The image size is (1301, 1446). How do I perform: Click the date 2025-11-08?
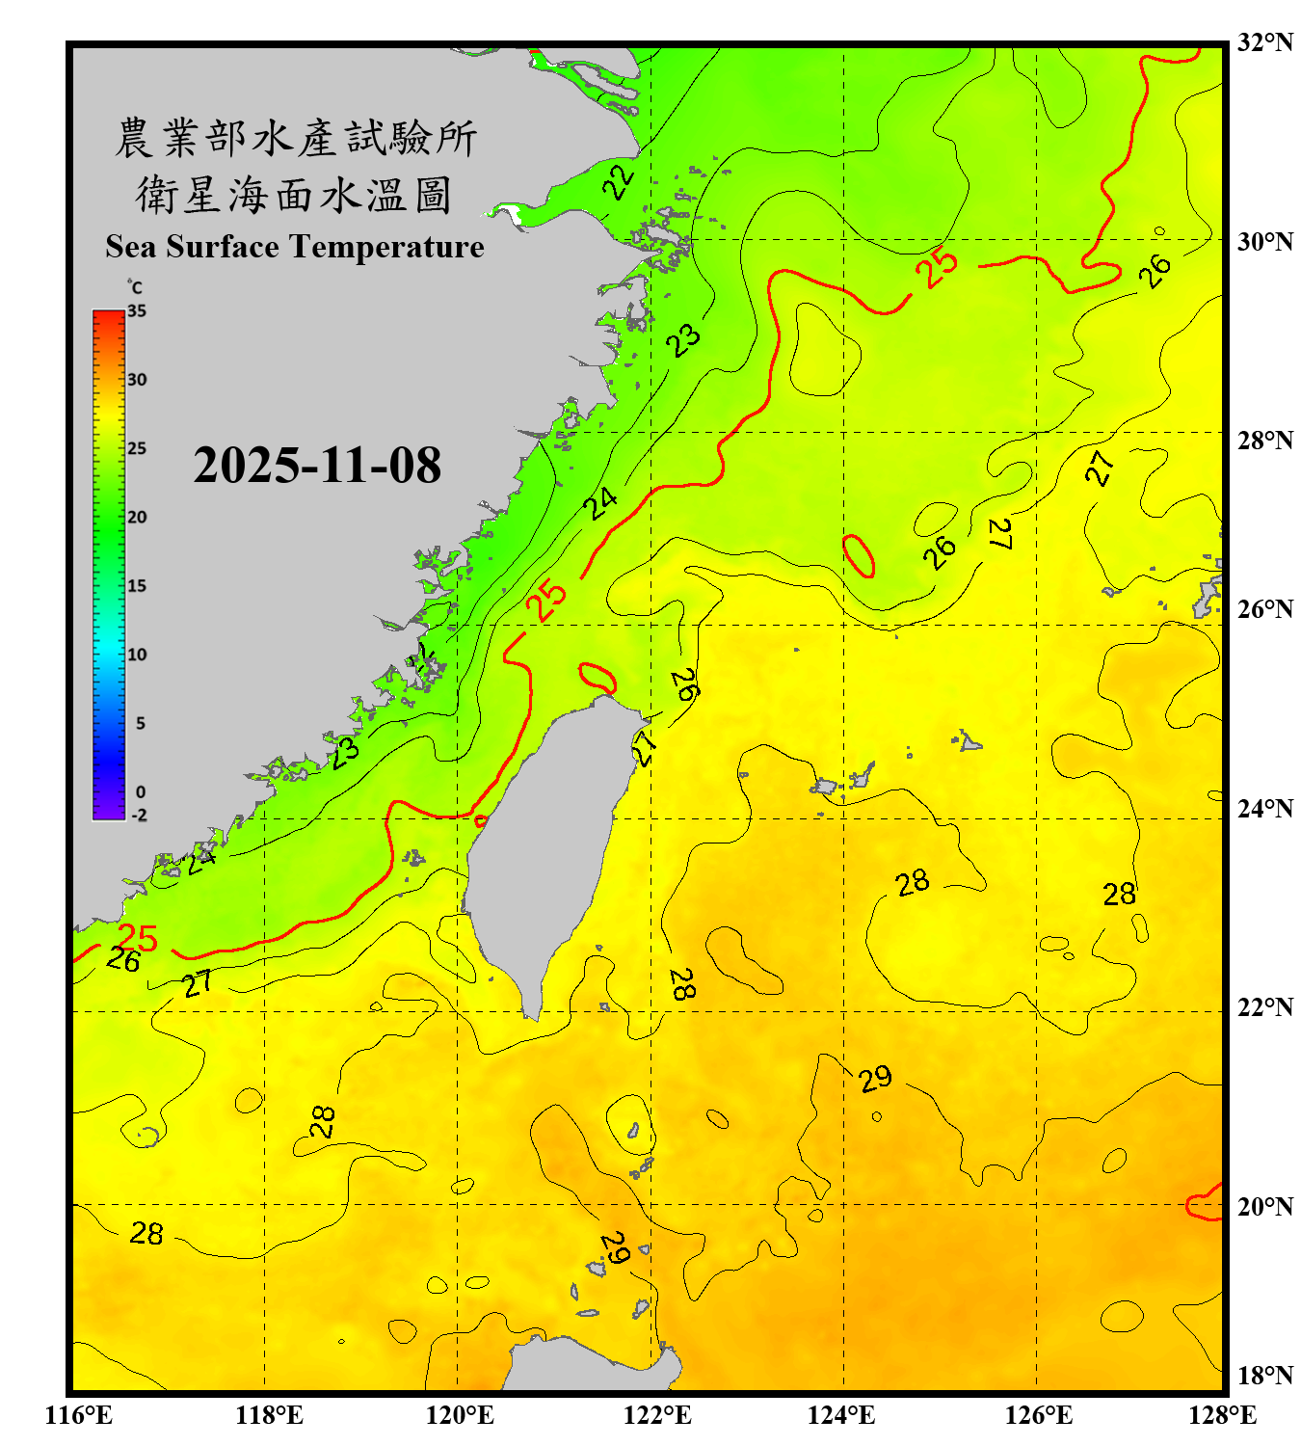(317, 466)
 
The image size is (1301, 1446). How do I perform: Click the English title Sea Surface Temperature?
(294, 247)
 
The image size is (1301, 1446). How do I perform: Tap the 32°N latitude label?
(1264, 42)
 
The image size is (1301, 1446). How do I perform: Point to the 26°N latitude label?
(1264, 609)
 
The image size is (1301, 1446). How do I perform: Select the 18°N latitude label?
(1264, 1376)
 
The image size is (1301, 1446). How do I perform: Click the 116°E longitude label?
(79, 1415)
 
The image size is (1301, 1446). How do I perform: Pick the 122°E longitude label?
(657, 1415)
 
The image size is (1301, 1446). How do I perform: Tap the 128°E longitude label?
(1222, 1415)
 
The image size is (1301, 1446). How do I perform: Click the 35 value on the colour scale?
(137, 311)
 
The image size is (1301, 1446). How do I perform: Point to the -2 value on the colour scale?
(139, 816)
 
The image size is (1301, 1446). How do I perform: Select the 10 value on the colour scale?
(137, 655)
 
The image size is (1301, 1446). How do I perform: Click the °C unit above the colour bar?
(134, 287)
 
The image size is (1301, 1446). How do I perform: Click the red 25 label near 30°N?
(937, 267)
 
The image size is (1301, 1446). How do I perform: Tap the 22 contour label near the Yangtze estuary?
(620, 180)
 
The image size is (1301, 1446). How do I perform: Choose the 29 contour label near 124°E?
(875, 1078)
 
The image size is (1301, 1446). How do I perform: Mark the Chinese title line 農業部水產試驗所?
(295, 138)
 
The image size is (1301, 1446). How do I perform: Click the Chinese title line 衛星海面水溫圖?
(294, 195)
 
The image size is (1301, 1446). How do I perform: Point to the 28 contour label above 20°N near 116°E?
(146, 1233)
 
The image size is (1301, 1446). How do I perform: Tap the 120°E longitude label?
(460, 1415)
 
